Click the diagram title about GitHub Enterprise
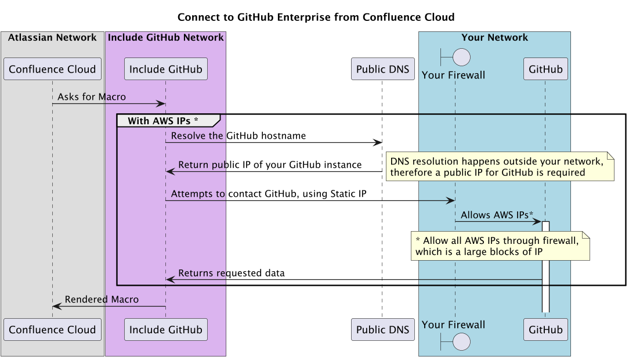click(x=316, y=17)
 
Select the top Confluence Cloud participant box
click(x=52, y=69)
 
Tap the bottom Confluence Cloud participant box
click(x=52, y=330)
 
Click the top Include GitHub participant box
click(x=165, y=69)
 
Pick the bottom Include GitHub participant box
click(x=165, y=330)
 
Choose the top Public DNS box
click(x=382, y=69)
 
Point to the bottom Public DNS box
click(x=382, y=330)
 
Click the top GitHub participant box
click(x=545, y=69)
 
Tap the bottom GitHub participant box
click(x=545, y=330)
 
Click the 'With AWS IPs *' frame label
click(x=163, y=121)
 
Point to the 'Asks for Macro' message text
click(x=92, y=97)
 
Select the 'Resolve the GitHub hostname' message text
click(x=238, y=136)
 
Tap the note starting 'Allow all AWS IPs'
click(x=500, y=246)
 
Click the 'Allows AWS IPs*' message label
click(x=497, y=215)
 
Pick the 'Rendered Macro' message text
click(x=102, y=300)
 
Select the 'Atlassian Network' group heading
click(x=52, y=38)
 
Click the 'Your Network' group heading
click(x=494, y=38)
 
